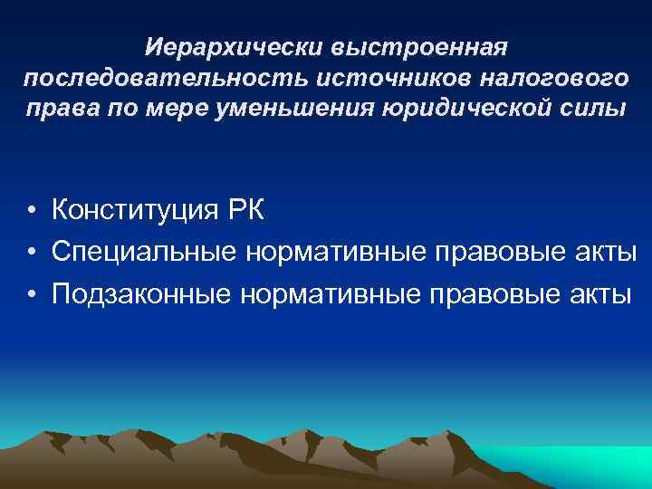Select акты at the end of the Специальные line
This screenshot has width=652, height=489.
click(x=598, y=251)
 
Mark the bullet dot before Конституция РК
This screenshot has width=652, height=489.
click(x=31, y=212)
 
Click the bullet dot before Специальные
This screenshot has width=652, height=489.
click(x=31, y=252)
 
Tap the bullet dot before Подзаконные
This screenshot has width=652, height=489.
click(x=31, y=292)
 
